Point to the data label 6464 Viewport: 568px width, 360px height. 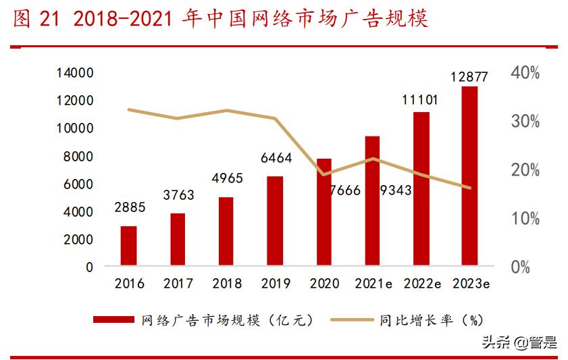coord(276,159)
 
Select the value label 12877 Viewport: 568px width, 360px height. coord(470,76)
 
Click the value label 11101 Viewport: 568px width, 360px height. coord(420,101)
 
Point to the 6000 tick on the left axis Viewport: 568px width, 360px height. coord(79,184)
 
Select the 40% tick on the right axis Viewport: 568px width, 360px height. coord(525,73)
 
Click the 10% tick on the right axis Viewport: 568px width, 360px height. coord(525,219)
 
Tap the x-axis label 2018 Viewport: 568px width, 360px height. coord(226,284)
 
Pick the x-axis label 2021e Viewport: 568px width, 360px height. coord(373,284)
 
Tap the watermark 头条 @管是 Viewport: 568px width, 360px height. coord(519,342)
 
